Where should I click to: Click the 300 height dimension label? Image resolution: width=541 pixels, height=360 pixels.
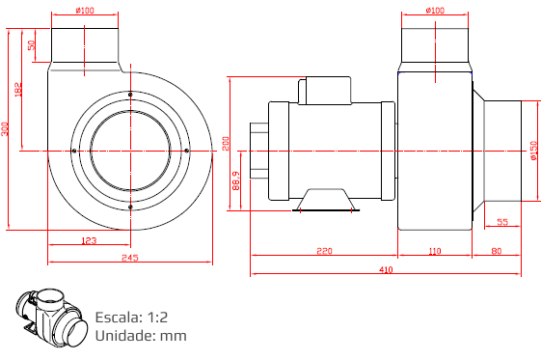point(5,129)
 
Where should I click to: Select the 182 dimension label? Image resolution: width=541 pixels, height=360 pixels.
point(18,90)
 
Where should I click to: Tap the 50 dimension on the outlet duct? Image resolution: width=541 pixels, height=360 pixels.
point(32,45)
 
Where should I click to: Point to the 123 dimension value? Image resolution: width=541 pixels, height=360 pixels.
point(89,240)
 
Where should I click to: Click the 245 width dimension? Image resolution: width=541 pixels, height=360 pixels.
point(130,258)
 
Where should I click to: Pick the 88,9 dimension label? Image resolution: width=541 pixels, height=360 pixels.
point(236,180)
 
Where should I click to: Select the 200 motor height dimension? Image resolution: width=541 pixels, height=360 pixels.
point(226,144)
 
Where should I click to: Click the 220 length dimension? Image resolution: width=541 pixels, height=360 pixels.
point(324,251)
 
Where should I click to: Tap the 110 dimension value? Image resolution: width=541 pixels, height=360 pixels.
point(435,251)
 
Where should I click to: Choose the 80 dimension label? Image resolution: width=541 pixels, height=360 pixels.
point(496,251)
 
